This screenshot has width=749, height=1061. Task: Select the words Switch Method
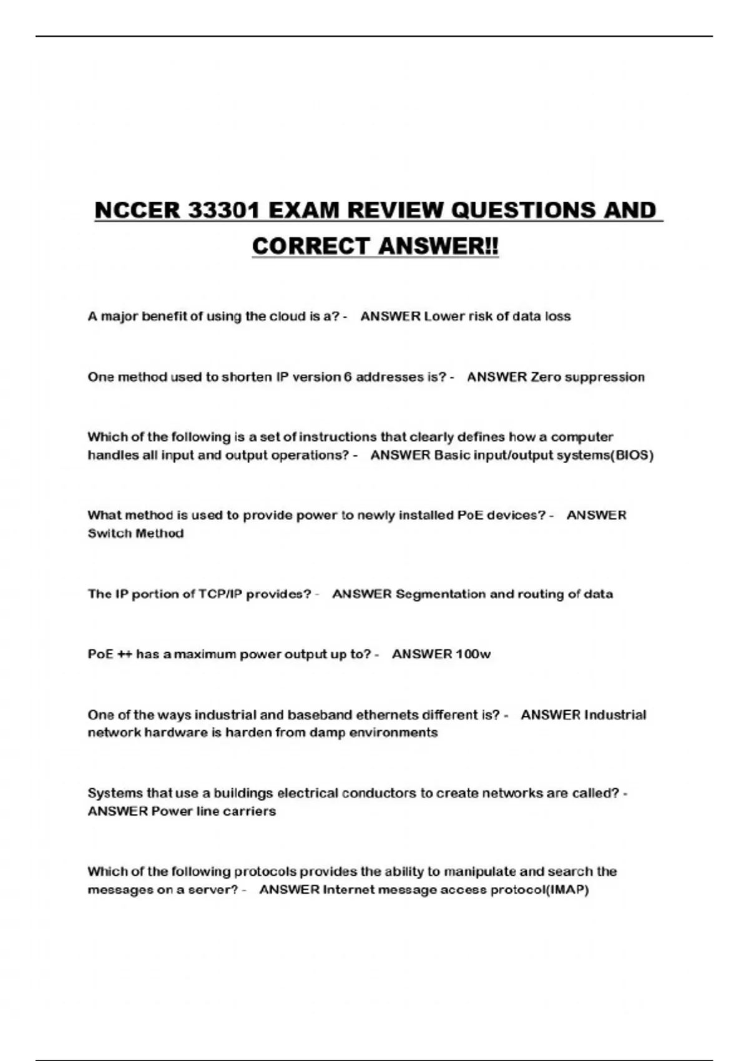[x=135, y=534]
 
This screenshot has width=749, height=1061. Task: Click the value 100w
[x=473, y=654]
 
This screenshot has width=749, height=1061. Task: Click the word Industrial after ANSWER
[x=614, y=715]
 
